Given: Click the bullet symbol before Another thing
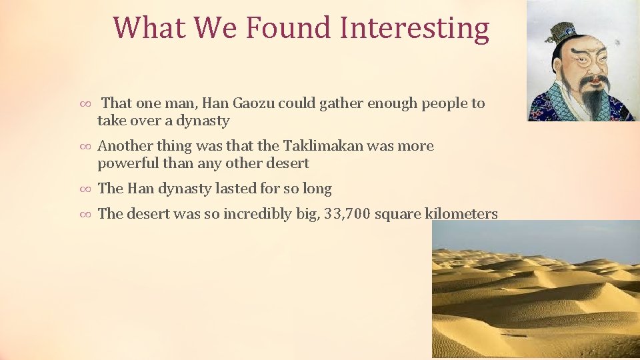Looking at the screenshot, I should [x=85, y=147].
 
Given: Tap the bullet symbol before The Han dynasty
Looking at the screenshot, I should [x=85, y=189].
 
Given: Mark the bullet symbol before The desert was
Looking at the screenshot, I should [x=85, y=215].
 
